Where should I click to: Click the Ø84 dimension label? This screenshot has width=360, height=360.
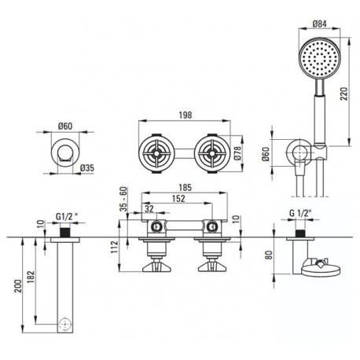pyautogui.click(x=320, y=24)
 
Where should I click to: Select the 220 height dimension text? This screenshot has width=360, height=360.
pyautogui.click(x=344, y=94)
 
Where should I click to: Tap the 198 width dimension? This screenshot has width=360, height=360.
pyautogui.click(x=186, y=115)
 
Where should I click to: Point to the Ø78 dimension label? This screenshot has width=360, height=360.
pyautogui.click(x=237, y=153)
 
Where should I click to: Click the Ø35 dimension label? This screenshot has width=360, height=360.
pyautogui.click(x=87, y=167)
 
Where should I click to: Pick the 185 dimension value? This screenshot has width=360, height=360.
pyautogui.click(x=186, y=188)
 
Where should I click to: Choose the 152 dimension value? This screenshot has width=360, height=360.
pyautogui.click(x=178, y=198)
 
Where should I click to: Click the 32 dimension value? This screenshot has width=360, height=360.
pyautogui.click(x=149, y=209)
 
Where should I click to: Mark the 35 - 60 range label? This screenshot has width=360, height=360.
pyautogui.click(x=123, y=199)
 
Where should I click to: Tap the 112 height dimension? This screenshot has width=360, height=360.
pyautogui.click(x=115, y=247)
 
